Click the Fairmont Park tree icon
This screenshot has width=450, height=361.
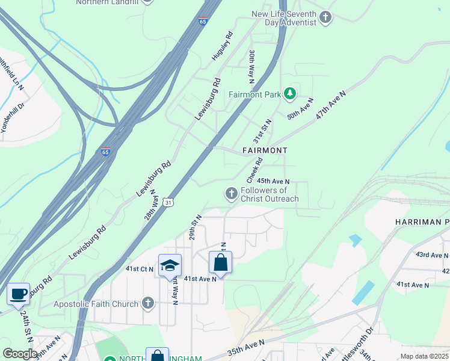coord(291,93)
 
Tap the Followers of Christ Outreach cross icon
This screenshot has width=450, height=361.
coord(230,194)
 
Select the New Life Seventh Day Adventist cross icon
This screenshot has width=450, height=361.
coord(325,17)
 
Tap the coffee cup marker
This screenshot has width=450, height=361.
coord(18,294)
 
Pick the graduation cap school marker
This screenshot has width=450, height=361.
coord(170,265)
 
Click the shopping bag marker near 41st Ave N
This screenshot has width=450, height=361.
coord(220,262)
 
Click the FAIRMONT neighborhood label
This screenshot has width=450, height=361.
coord(265,150)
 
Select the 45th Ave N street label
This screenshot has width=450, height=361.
coord(273,181)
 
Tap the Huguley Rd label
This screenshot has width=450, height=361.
coord(221,46)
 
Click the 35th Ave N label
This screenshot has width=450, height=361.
coord(246,347)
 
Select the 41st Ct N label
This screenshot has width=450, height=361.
coord(139,269)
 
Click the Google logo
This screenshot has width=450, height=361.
coord(20,354)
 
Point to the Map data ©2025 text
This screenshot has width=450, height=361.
coord(424,356)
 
